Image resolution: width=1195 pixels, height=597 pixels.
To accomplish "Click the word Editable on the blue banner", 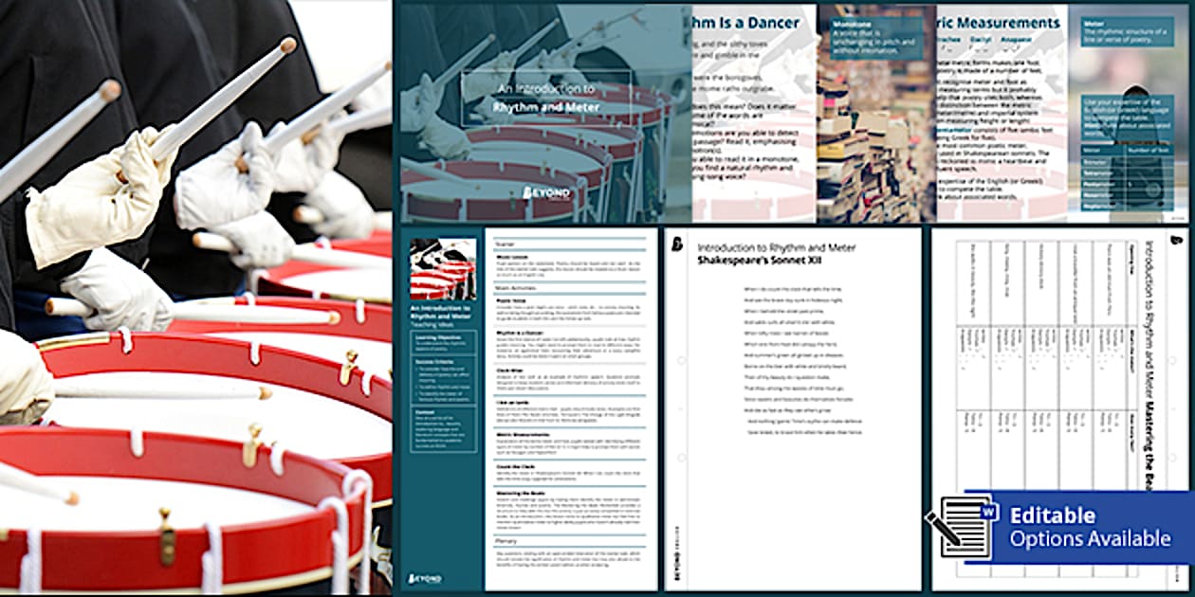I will click(x=1052, y=516).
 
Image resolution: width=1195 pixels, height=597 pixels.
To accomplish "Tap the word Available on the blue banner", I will click(x=1124, y=539).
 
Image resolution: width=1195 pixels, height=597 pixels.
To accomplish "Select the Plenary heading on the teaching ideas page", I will click(x=506, y=541).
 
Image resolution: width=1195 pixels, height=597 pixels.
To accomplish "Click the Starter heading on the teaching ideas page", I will click(x=506, y=242).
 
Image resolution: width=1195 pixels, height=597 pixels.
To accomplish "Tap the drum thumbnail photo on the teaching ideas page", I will click(x=443, y=269).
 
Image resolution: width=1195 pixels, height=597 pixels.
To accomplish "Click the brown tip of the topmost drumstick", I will click(x=287, y=45).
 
